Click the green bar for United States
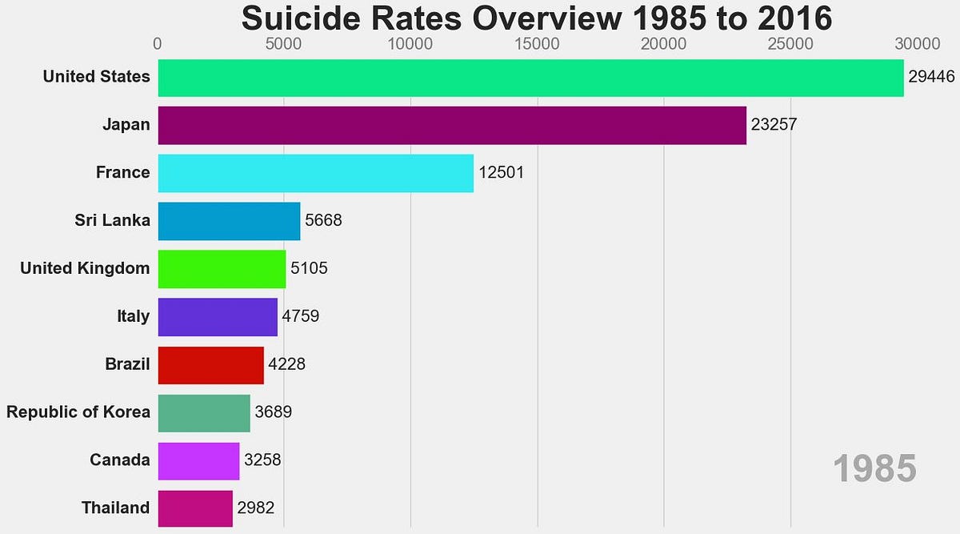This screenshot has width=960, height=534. tap(530, 78)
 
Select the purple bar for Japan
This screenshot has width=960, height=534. tap(452, 125)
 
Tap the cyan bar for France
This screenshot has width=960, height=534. tap(316, 173)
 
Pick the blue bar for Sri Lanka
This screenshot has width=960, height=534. tap(229, 221)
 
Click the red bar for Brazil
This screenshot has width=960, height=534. tap(210, 365)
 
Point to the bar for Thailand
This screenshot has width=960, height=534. tap(195, 508)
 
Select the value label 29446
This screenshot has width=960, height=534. tap(933, 77)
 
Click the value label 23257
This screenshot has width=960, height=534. tap(774, 125)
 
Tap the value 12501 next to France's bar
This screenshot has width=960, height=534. tap(502, 173)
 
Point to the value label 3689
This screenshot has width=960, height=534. tap(273, 413)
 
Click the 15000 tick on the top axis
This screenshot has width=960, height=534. tap(538, 42)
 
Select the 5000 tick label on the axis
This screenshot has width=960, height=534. tap(284, 42)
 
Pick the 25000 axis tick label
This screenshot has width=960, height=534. tap(790, 42)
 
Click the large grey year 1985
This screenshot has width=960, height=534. tap(874, 469)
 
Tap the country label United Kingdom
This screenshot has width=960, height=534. tap(85, 268)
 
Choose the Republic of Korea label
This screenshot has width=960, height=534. tap(78, 412)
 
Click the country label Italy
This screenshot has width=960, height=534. tap(133, 316)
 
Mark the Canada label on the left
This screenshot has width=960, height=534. tap(120, 460)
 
